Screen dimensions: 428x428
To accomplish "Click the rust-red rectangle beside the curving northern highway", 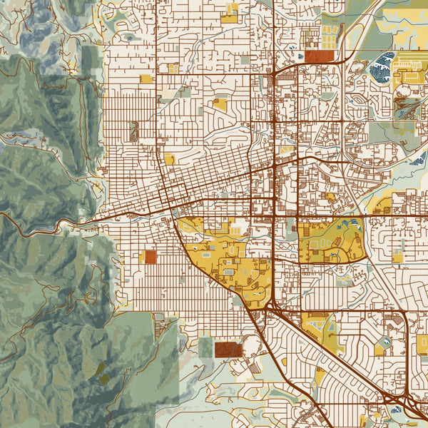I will (321, 56).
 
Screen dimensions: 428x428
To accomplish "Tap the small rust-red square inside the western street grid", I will (150, 257).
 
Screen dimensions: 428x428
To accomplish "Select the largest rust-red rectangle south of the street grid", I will (228, 349).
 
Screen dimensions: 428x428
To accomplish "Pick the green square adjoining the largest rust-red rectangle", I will (205, 347).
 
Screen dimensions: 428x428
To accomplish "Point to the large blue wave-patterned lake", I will (384, 65).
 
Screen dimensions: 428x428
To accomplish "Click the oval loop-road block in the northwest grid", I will (133, 131).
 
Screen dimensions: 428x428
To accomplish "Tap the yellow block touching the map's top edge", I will (230, 13).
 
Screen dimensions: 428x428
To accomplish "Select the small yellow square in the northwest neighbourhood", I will (146, 78).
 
